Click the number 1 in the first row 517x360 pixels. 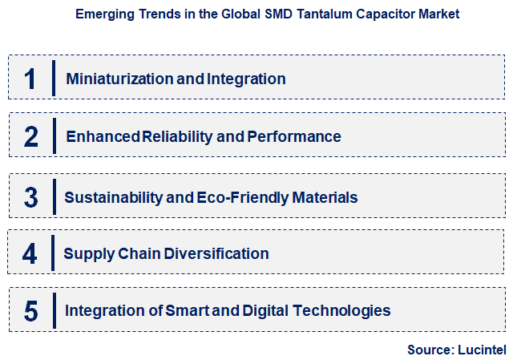[30, 79]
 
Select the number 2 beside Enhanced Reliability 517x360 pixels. [30, 136]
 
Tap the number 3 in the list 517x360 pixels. [30, 197]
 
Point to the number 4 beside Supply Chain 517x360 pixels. [30, 253]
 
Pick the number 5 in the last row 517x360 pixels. [30, 310]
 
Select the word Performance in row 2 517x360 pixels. [293, 136]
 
